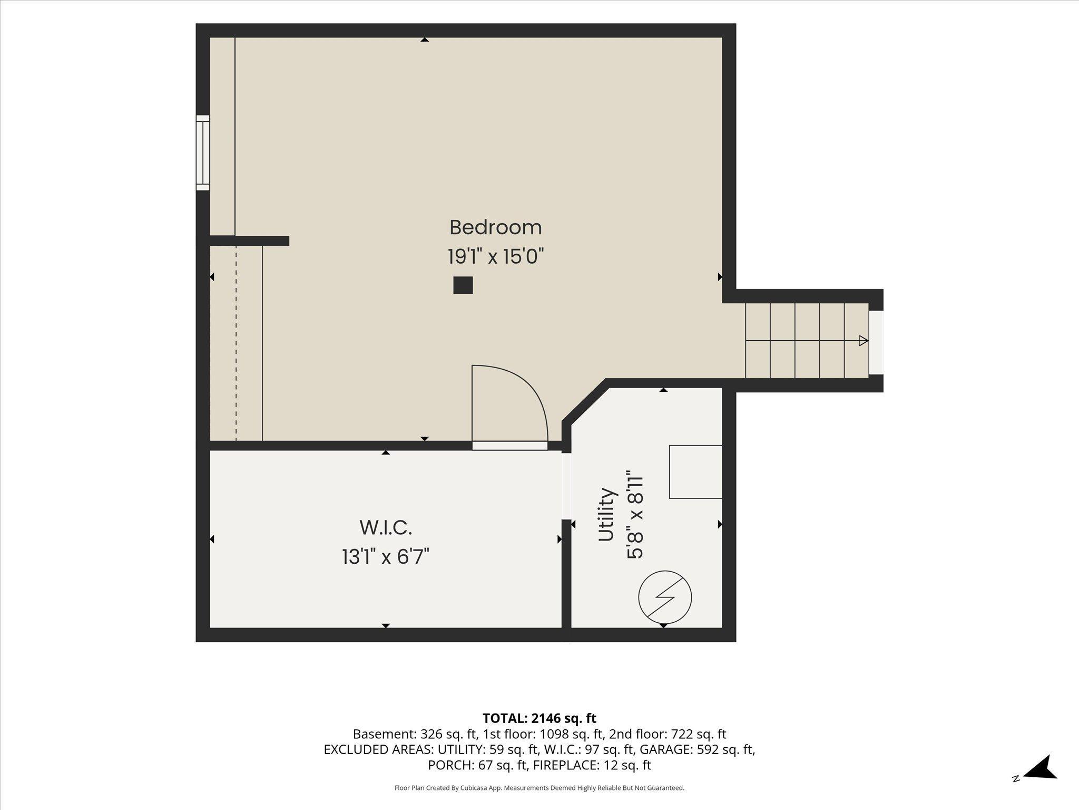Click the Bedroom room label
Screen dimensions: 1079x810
coord(495,228)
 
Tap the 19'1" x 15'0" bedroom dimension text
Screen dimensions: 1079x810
coord(495,257)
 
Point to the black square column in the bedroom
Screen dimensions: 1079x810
coord(463,285)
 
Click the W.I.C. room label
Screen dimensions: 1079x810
coord(386,527)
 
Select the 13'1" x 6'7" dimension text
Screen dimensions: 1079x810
coord(386,557)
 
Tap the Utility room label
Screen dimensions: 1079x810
coord(607,515)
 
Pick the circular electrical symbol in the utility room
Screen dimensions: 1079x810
coord(665,597)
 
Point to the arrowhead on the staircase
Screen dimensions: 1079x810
coord(864,341)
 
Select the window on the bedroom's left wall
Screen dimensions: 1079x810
coord(203,153)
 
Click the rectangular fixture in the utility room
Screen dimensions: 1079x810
coord(695,471)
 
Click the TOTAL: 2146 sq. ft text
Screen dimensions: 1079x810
coord(539,718)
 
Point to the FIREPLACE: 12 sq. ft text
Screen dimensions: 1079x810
coord(592,765)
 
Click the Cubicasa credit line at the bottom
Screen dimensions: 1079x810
coord(539,788)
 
